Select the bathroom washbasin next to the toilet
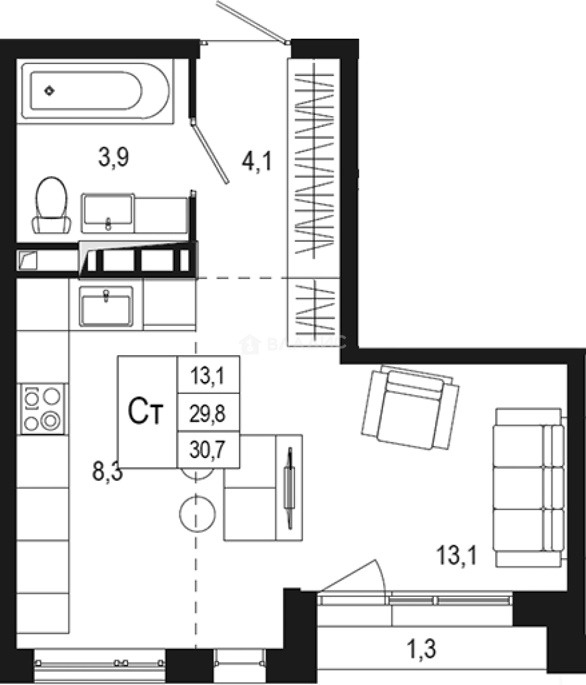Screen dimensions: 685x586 click(x=107, y=211)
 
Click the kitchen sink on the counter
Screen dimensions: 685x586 click(x=106, y=306)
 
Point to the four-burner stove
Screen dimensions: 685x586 click(x=42, y=408)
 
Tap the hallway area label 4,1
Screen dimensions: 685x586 click(x=256, y=162)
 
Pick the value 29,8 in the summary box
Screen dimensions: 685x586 click(x=207, y=414)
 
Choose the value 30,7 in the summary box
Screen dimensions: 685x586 click(x=207, y=450)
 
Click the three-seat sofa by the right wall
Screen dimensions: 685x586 click(x=528, y=487)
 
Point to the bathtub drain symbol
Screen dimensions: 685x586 click(x=49, y=91)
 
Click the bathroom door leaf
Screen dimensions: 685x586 click(x=211, y=152)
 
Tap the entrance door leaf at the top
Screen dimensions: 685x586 click(x=251, y=22)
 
